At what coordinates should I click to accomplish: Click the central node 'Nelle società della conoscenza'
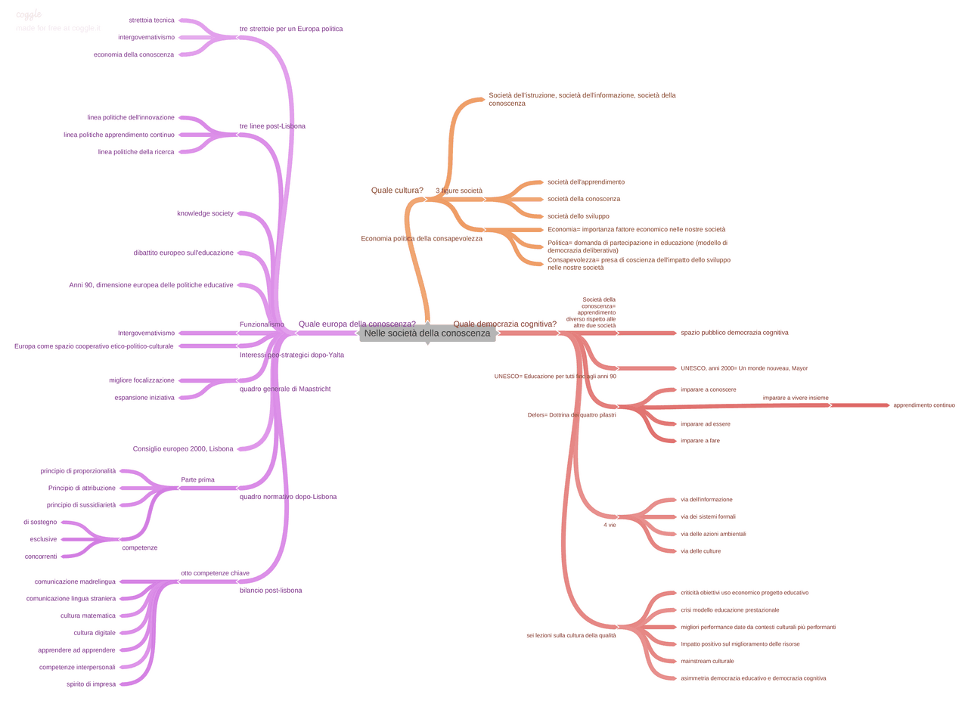[427, 333]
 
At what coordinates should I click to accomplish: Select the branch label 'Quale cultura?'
[397, 191]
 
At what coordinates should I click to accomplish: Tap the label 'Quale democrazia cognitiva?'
[504, 324]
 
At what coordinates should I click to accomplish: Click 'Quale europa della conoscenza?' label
[357, 324]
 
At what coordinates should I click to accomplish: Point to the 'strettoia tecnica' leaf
[151, 20]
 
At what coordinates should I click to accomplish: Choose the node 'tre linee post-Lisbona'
[272, 126]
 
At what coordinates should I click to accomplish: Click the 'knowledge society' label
[205, 213]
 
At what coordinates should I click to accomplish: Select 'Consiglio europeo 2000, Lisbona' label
[183, 449]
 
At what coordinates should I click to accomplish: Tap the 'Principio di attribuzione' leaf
[82, 488]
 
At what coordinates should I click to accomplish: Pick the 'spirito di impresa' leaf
[91, 684]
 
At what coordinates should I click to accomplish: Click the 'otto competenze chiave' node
[215, 573]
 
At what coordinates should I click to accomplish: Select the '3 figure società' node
[459, 191]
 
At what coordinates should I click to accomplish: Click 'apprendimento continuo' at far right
[923, 405]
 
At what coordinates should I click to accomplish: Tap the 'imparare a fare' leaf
[700, 441]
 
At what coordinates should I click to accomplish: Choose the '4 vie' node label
[610, 525]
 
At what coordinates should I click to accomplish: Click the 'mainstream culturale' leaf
[707, 662]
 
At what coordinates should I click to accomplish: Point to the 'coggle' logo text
[29, 14]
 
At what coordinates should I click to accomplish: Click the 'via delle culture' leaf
[700, 551]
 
